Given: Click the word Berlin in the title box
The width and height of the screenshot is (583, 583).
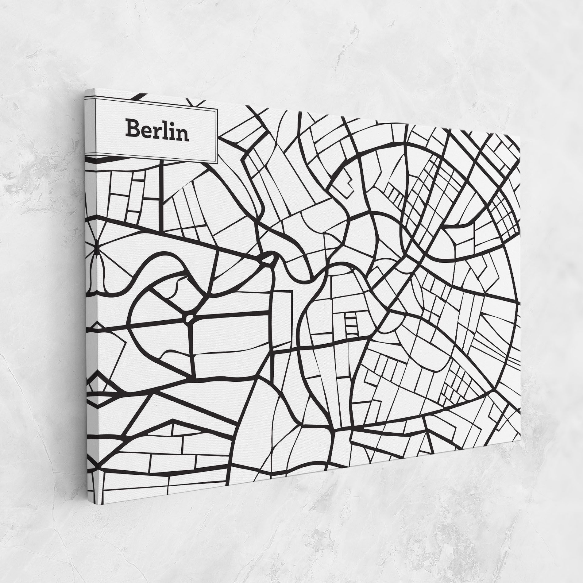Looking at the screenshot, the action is tap(157, 130).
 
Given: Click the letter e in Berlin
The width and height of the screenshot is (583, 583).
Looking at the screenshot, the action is tap(144, 132).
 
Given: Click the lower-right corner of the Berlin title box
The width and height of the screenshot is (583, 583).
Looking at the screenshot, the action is tap(217, 163).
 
